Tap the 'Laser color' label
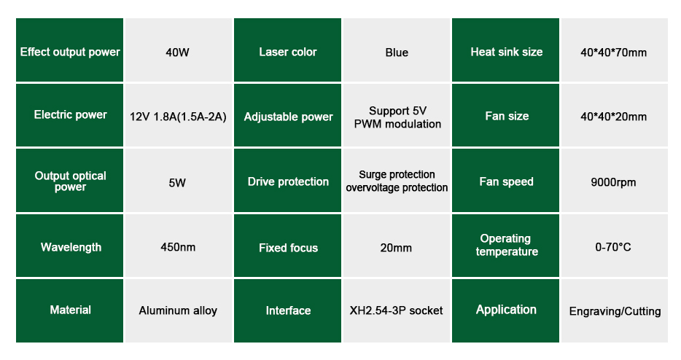(x=288, y=52)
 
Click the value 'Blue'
(x=397, y=52)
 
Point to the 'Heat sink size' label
(x=507, y=52)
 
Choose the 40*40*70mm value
(x=614, y=52)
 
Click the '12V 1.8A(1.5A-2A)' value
(x=178, y=117)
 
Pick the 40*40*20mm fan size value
(x=614, y=117)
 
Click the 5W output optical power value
(x=177, y=182)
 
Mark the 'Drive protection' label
(x=288, y=181)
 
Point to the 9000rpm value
(x=613, y=182)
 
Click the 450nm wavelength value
(x=178, y=247)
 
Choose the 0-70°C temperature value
(x=613, y=247)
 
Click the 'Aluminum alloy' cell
(x=178, y=310)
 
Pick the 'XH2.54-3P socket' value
(x=396, y=310)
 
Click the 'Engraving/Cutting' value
(x=615, y=311)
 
